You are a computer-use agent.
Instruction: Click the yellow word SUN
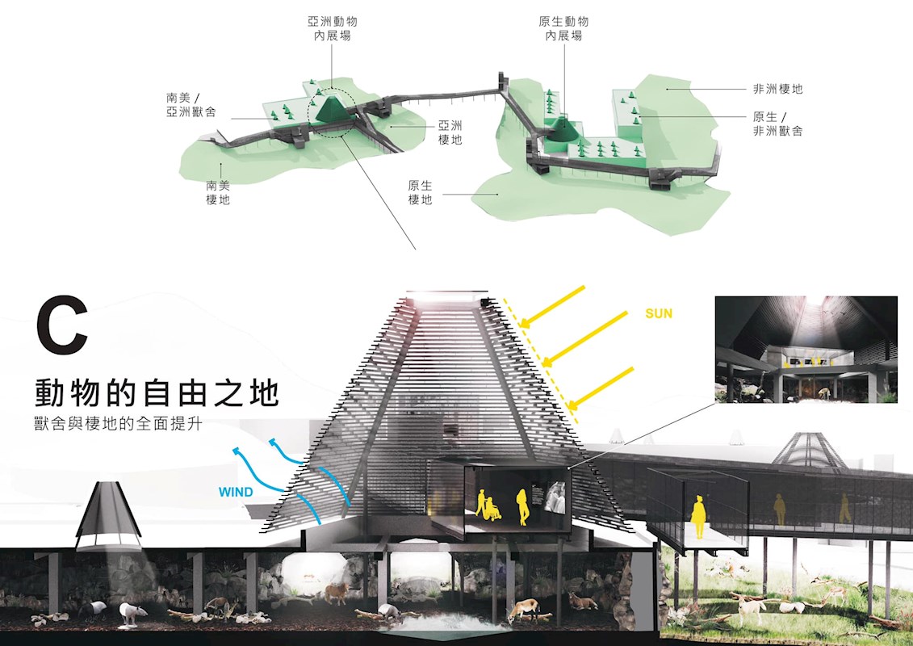tap(659, 313)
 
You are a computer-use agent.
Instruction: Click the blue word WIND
tap(236, 493)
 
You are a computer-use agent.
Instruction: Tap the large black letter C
tap(61, 325)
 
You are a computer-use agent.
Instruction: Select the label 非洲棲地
tap(777, 89)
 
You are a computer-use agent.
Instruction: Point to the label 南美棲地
tap(218, 193)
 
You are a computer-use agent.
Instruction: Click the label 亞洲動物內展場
tap(332, 28)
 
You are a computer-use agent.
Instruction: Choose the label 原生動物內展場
tap(563, 28)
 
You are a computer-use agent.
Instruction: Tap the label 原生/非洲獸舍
tap(777, 124)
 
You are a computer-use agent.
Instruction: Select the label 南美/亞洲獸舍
tap(191, 105)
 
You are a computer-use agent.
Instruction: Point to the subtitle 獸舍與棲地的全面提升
tap(118, 423)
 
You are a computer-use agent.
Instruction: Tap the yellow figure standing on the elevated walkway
tap(697, 517)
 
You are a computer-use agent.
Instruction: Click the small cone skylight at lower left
tap(109, 517)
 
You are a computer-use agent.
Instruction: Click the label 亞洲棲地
tap(450, 132)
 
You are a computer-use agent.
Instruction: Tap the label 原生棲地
tap(420, 193)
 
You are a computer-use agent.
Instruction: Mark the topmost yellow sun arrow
tap(552, 306)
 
